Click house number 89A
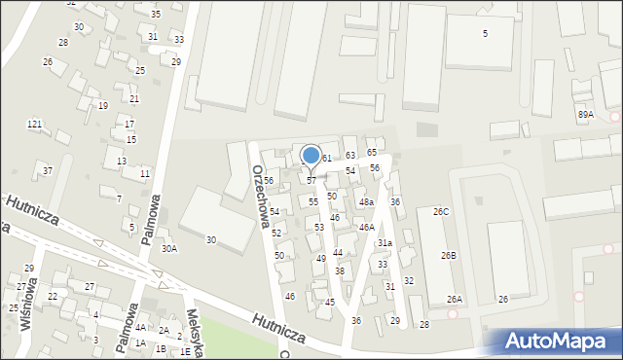click(x=585, y=114)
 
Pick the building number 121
click(x=34, y=125)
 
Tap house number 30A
click(x=169, y=248)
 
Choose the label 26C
click(x=441, y=211)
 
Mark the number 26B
click(x=448, y=255)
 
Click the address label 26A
click(x=455, y=300)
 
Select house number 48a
click(x=366, y=202)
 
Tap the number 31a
click(x=385, y=242)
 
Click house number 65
click(x=372, y=153)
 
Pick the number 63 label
click(x=350, y=156)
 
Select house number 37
click(x=48, y=171)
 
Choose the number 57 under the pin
click(x=311, y=181)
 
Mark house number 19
click(x=103, y=105)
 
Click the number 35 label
click(x=156, y=15)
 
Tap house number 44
click(x=338, y=252)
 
